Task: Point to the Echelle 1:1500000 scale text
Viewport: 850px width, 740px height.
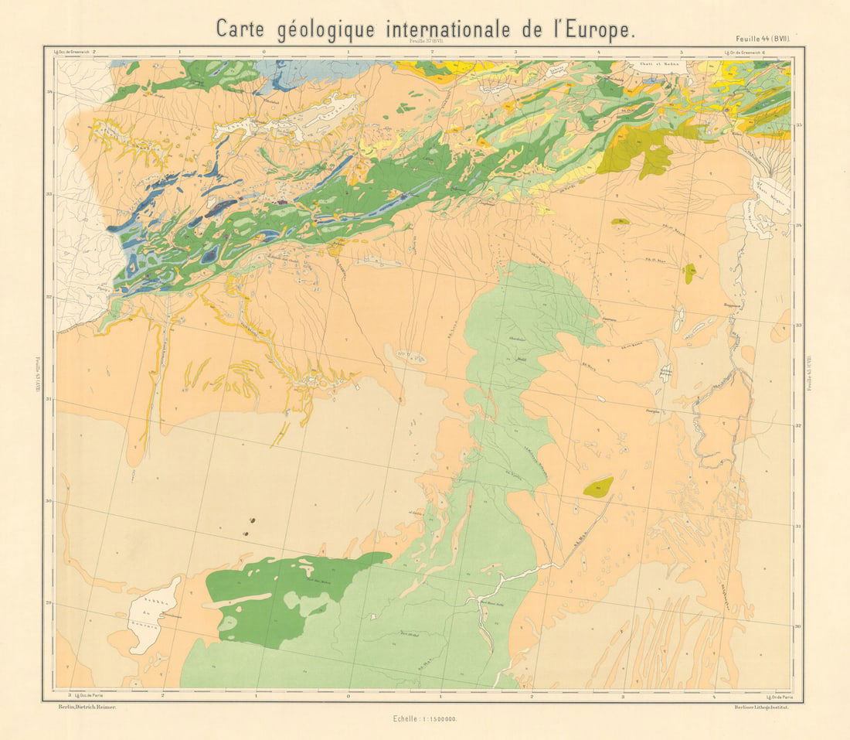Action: point(425,718)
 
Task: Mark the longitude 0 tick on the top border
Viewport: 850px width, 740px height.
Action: point(264,52)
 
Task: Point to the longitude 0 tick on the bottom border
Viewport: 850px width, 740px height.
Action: point(348,696)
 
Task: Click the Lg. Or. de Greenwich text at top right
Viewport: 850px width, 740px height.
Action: point(745,52)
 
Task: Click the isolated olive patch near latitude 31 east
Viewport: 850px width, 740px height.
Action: point(598,486)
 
